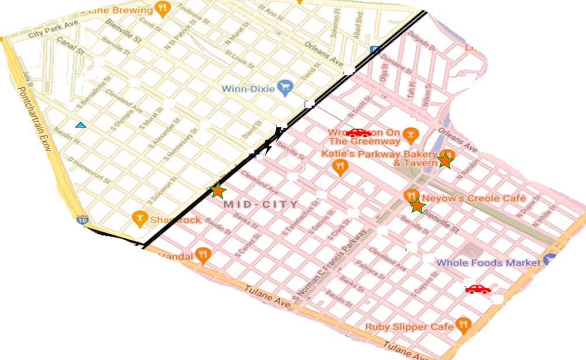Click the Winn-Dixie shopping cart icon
285,88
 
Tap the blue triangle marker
81,125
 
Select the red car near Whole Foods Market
478,289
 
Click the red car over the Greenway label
359,133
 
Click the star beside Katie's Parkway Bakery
445,160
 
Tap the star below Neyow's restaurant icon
417,205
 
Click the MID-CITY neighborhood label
261,204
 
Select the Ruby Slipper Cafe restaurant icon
464,325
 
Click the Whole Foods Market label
488,262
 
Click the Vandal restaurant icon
202,254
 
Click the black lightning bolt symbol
272,141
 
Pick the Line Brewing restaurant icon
163,9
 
